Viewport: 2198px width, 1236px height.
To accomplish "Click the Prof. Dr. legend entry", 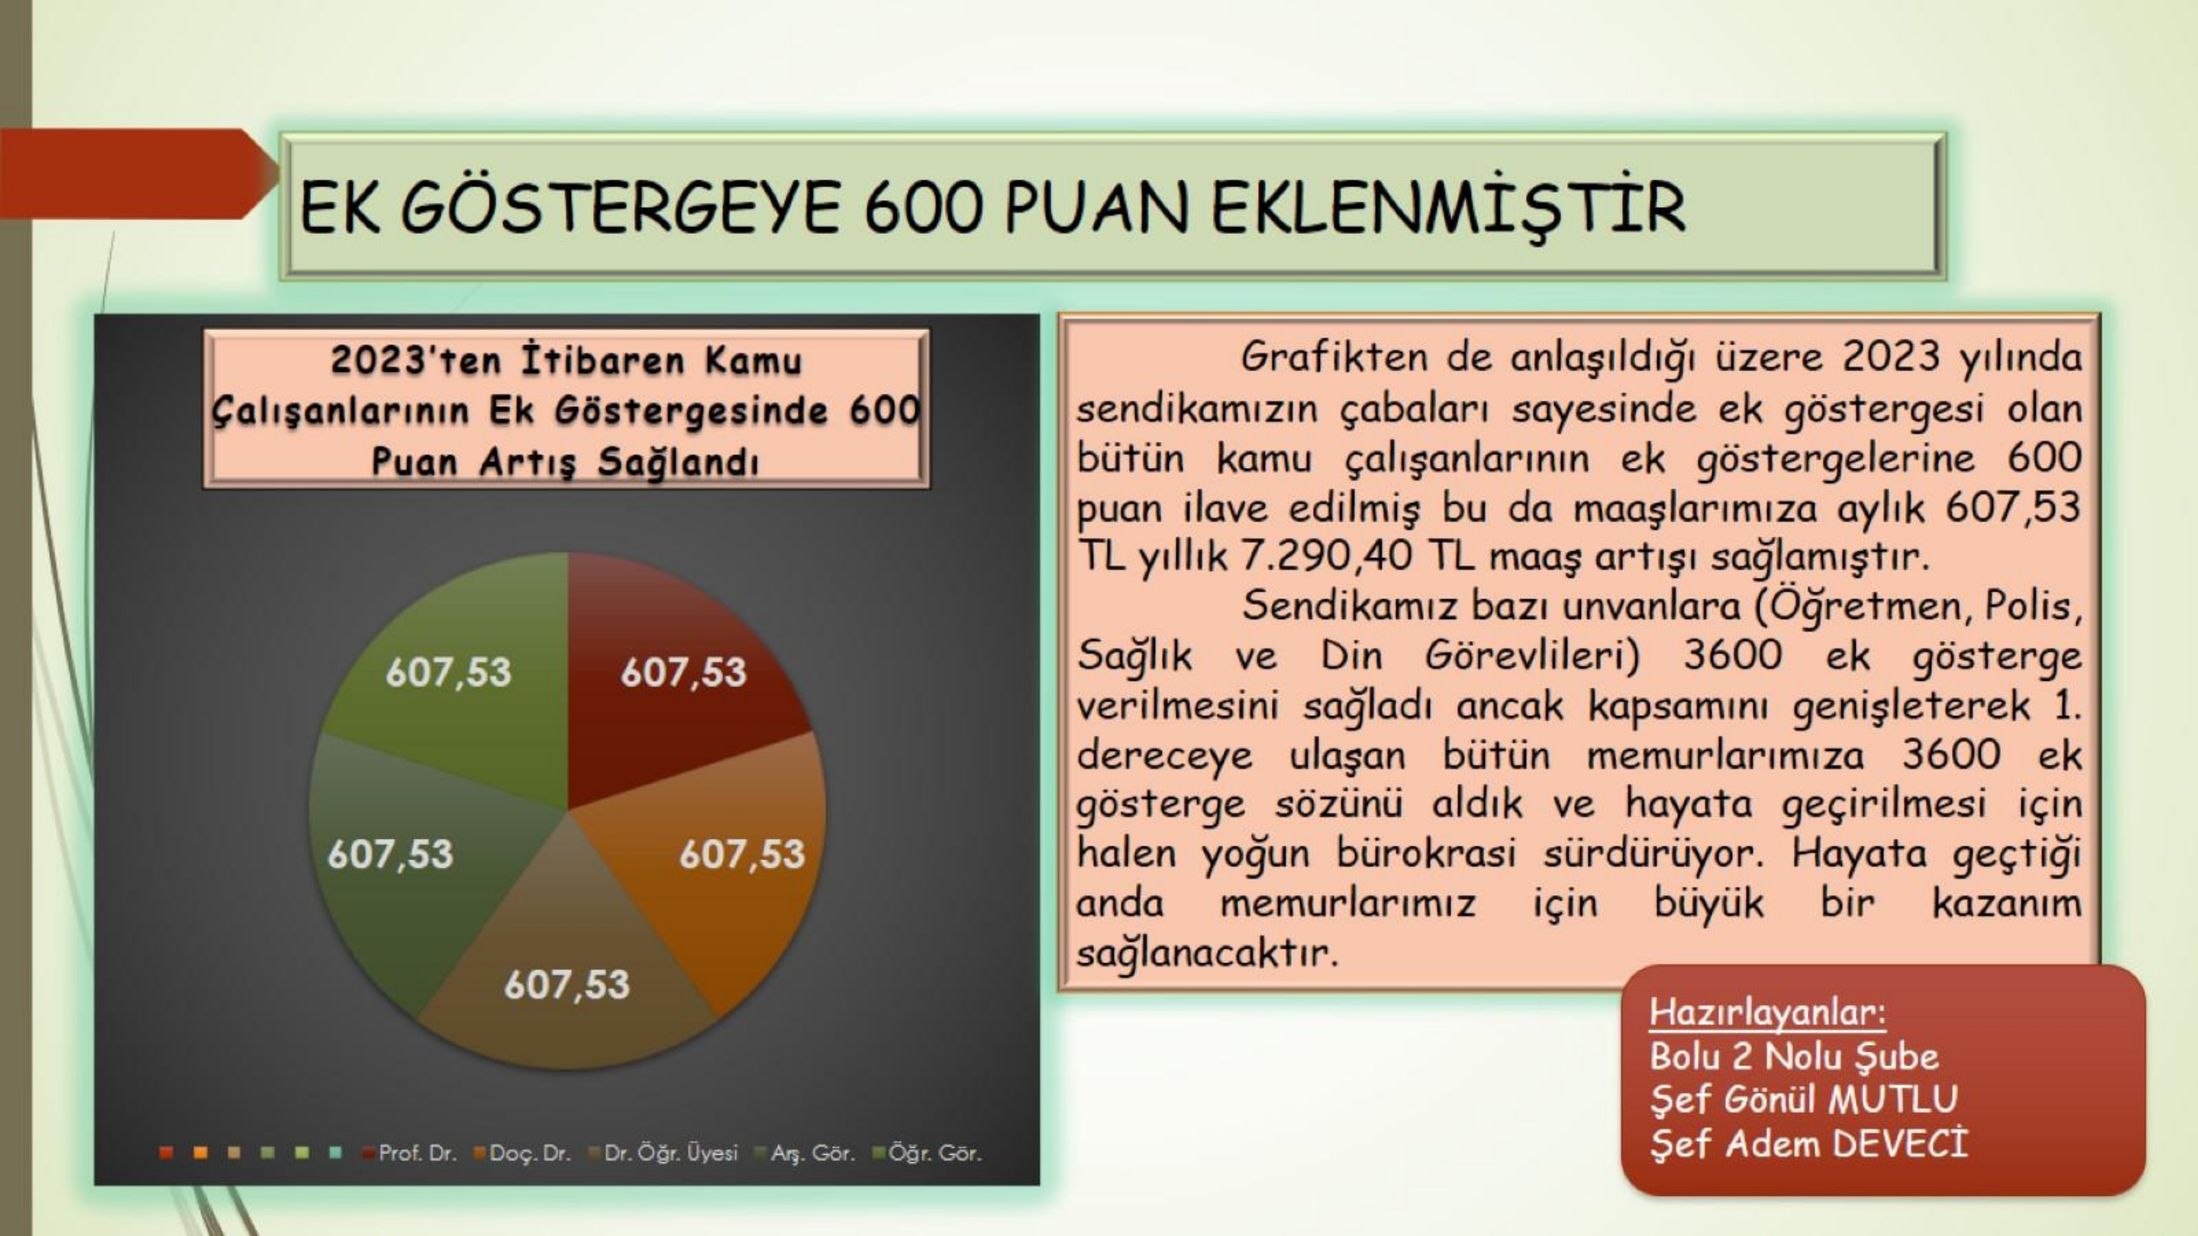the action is point(410,1153).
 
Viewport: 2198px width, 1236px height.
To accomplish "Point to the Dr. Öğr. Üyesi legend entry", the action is point(663,1153).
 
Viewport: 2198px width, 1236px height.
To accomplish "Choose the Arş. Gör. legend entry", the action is point(806,1153).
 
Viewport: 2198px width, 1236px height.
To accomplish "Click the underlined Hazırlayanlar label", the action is point(1768,1012).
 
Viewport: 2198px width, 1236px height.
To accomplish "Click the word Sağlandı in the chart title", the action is point(678,463).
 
